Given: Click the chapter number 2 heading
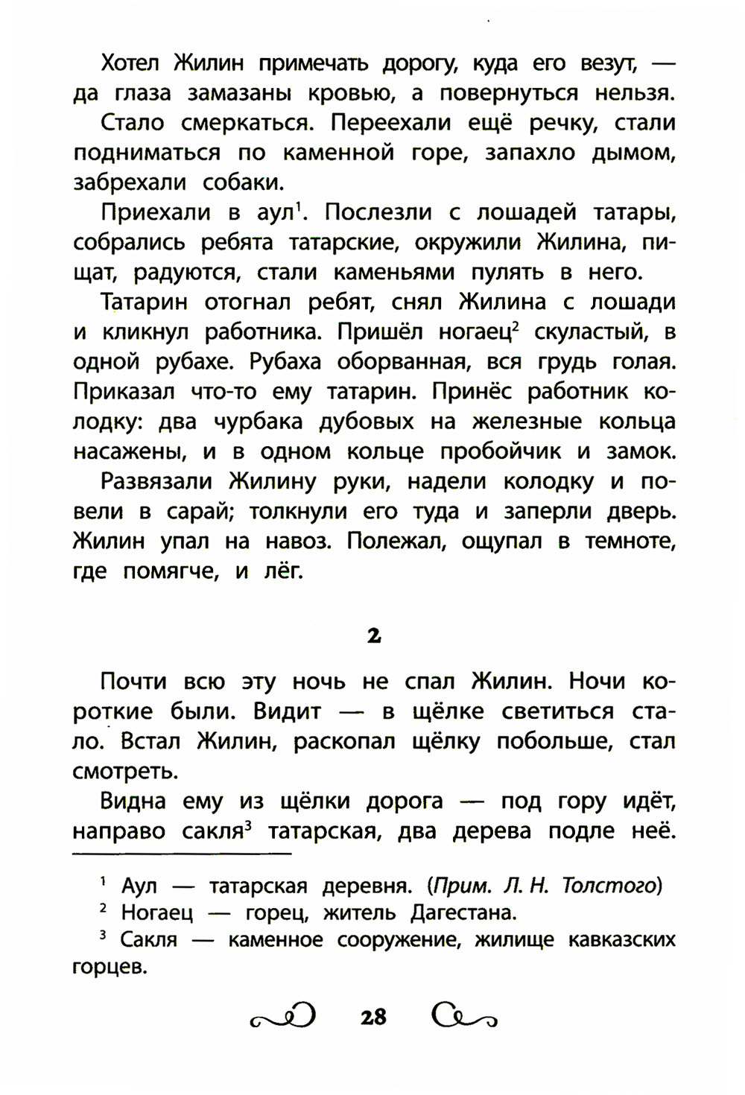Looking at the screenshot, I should [x=373, y=635].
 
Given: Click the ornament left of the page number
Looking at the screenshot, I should [x=284, y=1016].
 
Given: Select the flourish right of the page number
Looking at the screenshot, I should [x=463, y=1016].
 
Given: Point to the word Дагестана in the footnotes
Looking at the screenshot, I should [x=463, y=913].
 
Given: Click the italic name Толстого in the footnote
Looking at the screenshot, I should [x=611, y=885].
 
